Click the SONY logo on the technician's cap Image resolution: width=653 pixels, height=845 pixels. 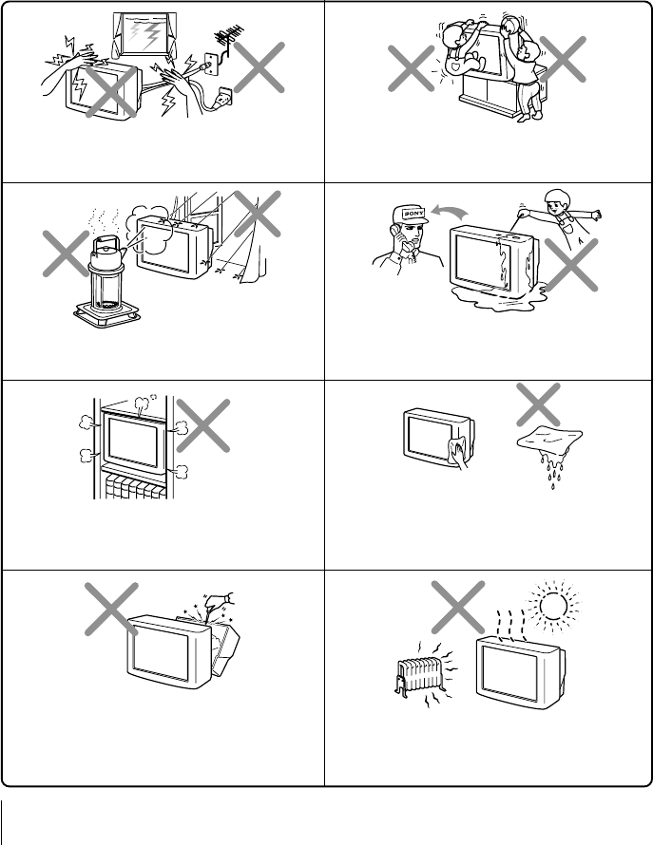point(413,213)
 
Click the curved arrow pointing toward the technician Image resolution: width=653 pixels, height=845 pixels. point(450,211)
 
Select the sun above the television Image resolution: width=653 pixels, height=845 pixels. point(553,606)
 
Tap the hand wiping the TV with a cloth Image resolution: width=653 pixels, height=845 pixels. point(459,454)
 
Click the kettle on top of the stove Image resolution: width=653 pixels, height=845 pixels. point(106,253)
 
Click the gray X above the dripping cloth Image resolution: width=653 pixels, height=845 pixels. point(538,404)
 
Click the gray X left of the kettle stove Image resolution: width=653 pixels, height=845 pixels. point(66,253)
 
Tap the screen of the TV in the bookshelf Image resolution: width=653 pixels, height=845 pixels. point(133,444)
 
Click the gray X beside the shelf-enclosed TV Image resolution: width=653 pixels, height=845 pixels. point(202,425)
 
